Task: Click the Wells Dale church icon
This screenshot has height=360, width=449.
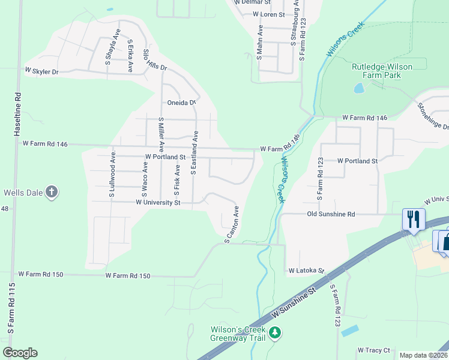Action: point(52,193)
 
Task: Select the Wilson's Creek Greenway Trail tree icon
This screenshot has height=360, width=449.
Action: point(275,332)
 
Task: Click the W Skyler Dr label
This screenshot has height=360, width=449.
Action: point(41,71)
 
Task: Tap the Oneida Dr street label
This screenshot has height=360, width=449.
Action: point(182,103)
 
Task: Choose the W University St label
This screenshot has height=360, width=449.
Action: point(158,203)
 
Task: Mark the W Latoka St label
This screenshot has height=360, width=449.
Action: point(306,271)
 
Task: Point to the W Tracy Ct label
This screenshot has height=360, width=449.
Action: point(373,350)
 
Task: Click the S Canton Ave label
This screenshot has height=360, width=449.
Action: point(232,225)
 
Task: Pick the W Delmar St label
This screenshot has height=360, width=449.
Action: point(253,2)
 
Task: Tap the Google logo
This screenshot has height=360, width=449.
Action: point(20,353)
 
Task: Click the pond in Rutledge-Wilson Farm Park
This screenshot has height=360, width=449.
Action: point(359,89)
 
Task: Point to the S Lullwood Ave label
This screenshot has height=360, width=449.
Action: point(112,175)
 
